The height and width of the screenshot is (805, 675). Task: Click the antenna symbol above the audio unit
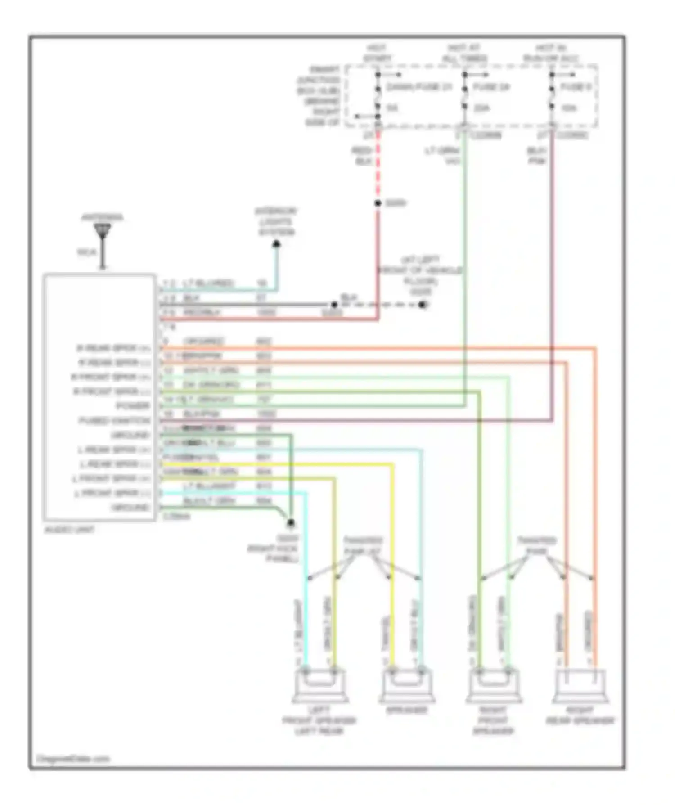coord(103,232)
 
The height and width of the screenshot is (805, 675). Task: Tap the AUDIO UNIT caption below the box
coord(70,530)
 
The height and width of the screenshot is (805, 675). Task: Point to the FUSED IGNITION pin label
coord(115,421)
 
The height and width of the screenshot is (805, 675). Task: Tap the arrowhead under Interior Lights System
coord(276,244)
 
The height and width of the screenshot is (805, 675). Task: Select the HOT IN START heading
coord(377,53)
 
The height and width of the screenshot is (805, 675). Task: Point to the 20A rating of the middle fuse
coord(481,108)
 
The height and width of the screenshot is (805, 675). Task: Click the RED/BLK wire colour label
coord(362,156)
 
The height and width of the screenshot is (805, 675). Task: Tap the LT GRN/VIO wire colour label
coord(443,156)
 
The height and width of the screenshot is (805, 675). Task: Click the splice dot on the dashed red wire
coord(378,203)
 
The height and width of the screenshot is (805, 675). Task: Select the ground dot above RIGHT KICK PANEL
coord(291,523)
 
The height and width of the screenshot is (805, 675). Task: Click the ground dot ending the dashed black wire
coord(422,305)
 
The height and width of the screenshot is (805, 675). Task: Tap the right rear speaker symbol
coord(580,685)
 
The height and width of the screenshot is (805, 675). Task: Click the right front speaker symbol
coord(494,685)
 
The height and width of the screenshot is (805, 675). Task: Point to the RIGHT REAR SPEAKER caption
coord(580,715)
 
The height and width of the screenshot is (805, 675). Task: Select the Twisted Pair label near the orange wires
coord(536,545)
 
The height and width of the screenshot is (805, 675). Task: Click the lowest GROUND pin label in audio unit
coord(130,508)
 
